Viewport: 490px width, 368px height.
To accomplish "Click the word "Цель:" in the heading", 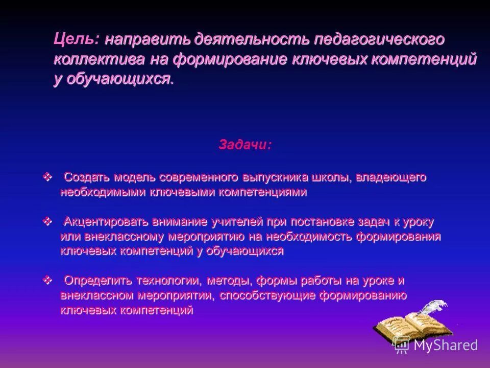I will [77, 39].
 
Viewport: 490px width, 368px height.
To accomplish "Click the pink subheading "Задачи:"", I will [245, 145].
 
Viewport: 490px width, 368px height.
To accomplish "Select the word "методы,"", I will [231, 281].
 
